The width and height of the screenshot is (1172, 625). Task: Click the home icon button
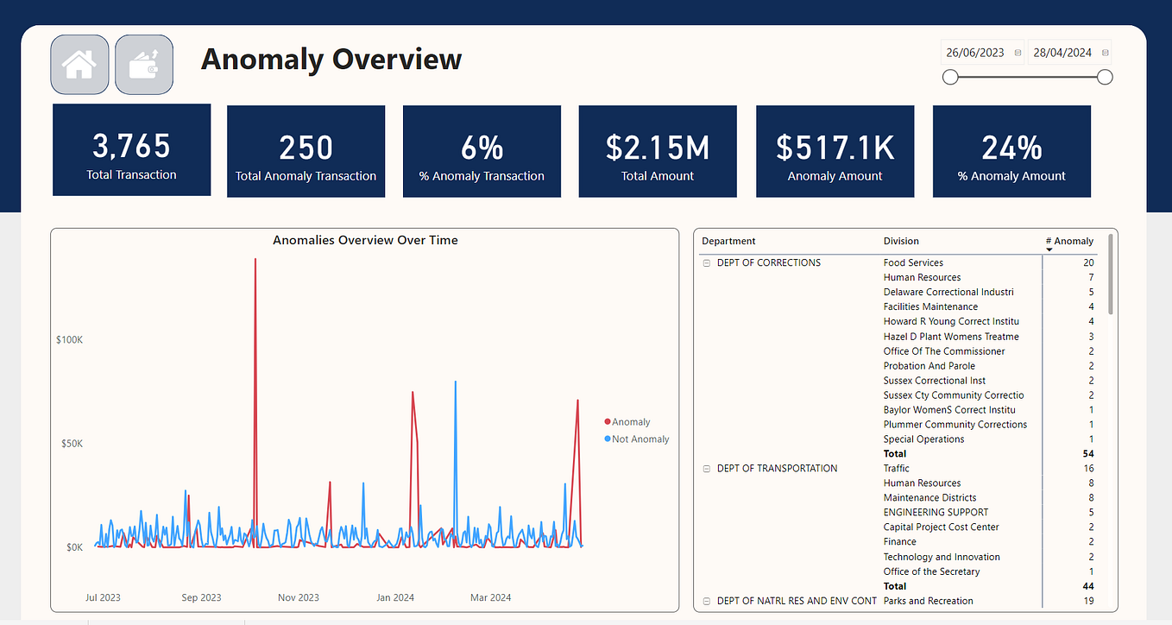pos(79,65)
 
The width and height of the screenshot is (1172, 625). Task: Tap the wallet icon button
pos(144,65)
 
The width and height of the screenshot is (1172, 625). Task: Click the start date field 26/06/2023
pos(974,53)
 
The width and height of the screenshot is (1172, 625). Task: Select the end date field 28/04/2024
pos(1062,53)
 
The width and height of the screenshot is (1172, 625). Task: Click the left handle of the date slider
pos(950,78)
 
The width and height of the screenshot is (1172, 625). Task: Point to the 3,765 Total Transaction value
pos(131,146)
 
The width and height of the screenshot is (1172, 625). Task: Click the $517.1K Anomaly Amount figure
pos(835,148)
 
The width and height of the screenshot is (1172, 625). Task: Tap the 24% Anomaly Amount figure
pos(1011,148)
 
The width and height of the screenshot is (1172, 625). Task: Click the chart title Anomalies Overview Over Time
pos(365,240)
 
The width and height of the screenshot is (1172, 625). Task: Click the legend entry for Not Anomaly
pos(637,439)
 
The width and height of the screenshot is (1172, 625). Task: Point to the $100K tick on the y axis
pos(70,340)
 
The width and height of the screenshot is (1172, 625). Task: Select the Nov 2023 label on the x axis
pos(299,597)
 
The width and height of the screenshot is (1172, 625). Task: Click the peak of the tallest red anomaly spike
pos(255,259)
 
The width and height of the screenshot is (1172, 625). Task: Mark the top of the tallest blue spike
pos(456,382)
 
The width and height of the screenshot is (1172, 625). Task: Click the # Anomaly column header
pos(1069,242)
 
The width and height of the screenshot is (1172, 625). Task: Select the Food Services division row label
pos(913,262)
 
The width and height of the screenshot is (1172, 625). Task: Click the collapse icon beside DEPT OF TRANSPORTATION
pos(706,469)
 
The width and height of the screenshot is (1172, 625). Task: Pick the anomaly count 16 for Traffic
pos(1088,469)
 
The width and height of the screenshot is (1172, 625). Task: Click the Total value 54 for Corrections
pos(1088,454)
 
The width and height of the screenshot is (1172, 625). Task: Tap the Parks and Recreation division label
pos(928,601)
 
